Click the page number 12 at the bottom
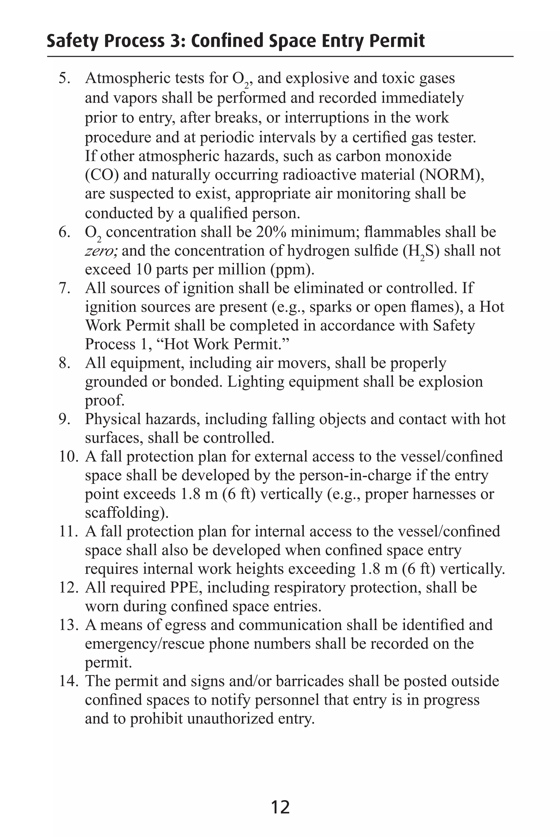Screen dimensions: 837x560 [x=280, y=807]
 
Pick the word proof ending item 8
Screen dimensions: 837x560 [x=104, y=401]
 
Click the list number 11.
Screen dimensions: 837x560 [x=68, y=531]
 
